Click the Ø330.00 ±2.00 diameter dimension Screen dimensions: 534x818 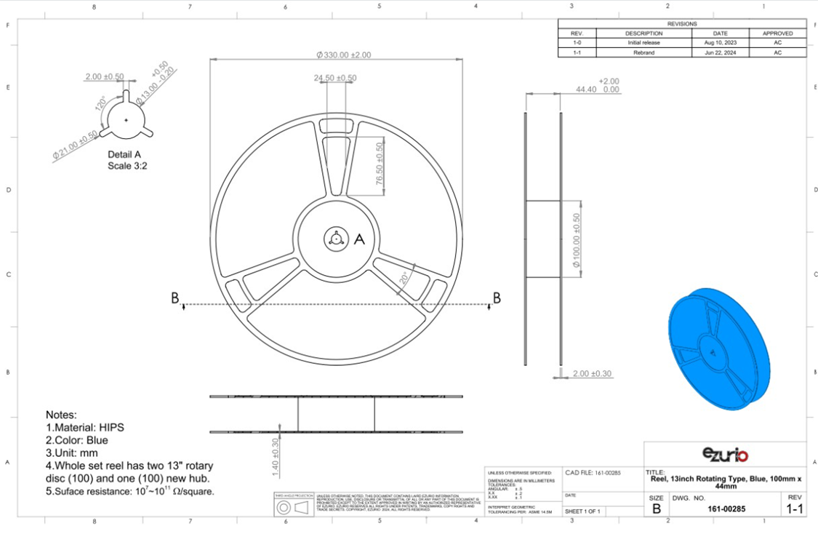[344, 55]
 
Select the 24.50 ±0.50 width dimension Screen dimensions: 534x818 [335, 78]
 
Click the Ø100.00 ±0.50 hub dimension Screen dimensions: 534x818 [577, 241]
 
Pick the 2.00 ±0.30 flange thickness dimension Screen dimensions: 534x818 [591, 374]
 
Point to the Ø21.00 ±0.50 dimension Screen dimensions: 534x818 [75, 145]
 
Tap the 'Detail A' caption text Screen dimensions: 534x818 [124, 154]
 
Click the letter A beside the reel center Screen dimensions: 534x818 [358, 239]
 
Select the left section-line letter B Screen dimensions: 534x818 [175, 298]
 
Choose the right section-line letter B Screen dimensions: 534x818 [497, 298]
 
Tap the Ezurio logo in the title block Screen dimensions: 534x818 [725, 455]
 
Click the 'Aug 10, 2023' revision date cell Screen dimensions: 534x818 [720, 43]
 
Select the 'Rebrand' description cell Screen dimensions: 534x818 [643, 52]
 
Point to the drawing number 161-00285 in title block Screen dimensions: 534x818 [725, 509]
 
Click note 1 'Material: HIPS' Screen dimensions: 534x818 [85, 427]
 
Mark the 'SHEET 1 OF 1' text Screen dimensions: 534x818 [582, 511]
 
